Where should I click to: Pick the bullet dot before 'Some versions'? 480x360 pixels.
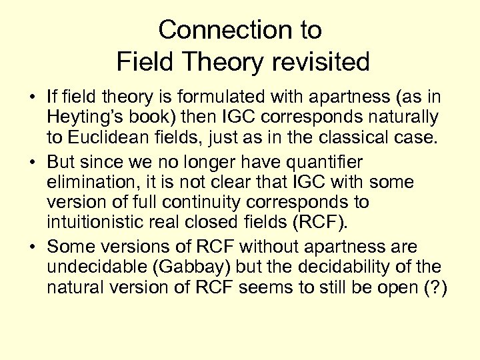31,247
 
